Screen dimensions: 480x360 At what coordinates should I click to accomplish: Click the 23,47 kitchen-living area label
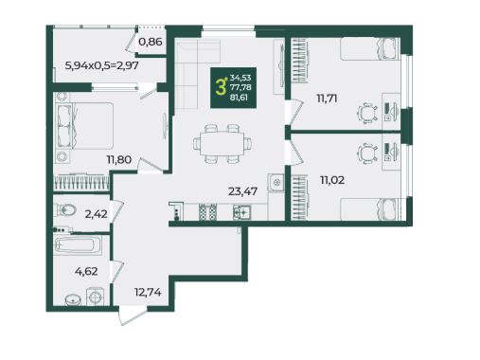click(x=242, y=191)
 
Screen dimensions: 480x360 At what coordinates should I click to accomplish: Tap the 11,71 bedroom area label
click(x=327, y=99)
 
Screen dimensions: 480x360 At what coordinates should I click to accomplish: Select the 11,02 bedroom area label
click(x=332, y=180)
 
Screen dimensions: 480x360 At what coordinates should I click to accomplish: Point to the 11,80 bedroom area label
click(x=119, y=159)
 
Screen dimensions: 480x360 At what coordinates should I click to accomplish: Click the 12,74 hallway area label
click(x=148, y=292)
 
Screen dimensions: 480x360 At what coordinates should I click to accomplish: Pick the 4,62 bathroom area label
click(x=86, y=271)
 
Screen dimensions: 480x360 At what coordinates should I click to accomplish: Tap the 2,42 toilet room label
click(x=96, y=214)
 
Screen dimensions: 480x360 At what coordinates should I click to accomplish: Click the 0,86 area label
click(x=151, y=42)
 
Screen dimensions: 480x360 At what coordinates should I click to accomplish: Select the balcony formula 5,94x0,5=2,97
click(x=101, y=65)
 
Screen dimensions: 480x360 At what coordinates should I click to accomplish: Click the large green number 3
click(x=221, y=87)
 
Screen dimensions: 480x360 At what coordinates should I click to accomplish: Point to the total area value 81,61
click(x=239, y=98)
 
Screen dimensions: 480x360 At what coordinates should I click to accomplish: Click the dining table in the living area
click(x=222, y=144)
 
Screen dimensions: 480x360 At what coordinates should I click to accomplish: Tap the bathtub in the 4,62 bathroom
click(x=78, y=245)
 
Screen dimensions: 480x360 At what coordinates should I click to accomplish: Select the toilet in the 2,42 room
click(x=65, y=209)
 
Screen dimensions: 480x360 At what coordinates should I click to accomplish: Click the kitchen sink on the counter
click(x=242, y=212)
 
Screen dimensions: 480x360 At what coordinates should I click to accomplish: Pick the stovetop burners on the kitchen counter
click(x=207, y=212)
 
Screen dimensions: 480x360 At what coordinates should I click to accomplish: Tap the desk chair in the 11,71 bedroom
click(x=368, y=113)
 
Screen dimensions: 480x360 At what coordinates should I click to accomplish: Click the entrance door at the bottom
click(x=133, y=316)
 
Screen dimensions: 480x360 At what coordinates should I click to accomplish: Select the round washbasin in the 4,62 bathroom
click(x=73, y=300)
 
